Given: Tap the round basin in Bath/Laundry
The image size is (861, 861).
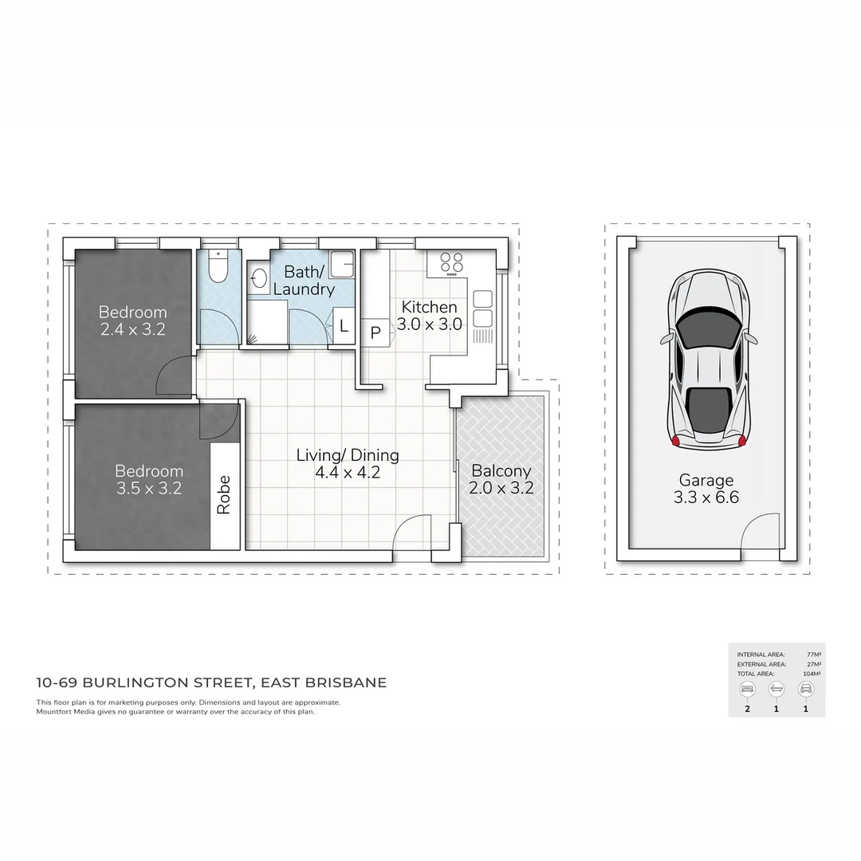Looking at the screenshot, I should (259, 279).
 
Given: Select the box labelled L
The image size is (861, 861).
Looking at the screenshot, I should (344, 325).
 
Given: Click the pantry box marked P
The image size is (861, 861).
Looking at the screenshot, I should (375, 333).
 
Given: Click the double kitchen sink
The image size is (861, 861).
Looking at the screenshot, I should (483, 309).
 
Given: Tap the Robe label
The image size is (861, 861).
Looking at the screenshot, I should (224, 494).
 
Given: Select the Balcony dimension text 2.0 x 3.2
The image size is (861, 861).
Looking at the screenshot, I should (501, 488).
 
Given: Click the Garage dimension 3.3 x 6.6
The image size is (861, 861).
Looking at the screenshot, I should (706, 497).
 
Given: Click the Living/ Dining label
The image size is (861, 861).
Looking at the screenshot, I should (348, 455).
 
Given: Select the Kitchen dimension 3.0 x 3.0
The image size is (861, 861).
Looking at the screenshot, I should (430, 324).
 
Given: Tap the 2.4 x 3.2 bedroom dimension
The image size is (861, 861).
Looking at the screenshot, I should (133, 329).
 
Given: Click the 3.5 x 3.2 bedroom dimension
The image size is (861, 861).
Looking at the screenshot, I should (149, 488).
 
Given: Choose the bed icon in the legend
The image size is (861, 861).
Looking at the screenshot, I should (747, 688).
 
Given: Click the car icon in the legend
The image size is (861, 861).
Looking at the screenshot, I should (805, 688).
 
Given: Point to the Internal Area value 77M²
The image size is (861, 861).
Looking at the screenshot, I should (814, 655).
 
